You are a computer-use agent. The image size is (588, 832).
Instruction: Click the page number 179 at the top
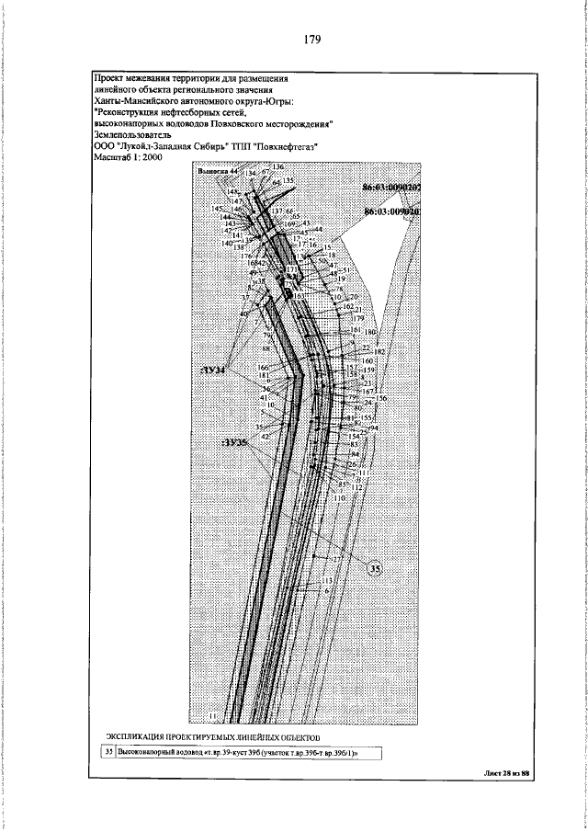point(306,39)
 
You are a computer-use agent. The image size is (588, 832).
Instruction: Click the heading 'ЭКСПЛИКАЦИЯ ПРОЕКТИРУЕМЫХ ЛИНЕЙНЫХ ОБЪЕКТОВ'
point(212,738)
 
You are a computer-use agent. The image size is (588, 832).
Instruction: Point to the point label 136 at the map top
point(278,166)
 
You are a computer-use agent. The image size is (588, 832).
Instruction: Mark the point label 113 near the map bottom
point(326,583)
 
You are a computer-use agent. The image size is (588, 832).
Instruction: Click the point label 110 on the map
point(340,497)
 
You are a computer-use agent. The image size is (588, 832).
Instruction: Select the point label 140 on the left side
point(228,243)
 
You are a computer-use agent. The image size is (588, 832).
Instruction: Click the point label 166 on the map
point(263,368)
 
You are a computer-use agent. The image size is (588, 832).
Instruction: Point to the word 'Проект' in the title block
point(111,77)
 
